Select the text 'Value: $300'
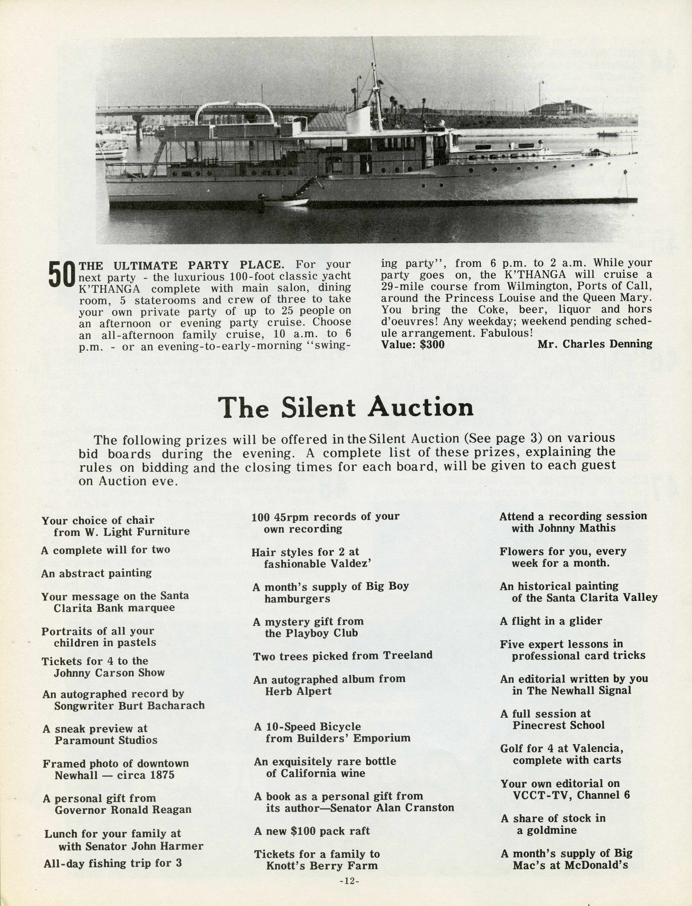tap(413, 344)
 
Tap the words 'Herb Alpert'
tap(298, 691)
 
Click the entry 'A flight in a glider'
tap(551, 621)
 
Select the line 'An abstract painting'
tap(96, 573)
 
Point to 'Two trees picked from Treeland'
tap(343, 655)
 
